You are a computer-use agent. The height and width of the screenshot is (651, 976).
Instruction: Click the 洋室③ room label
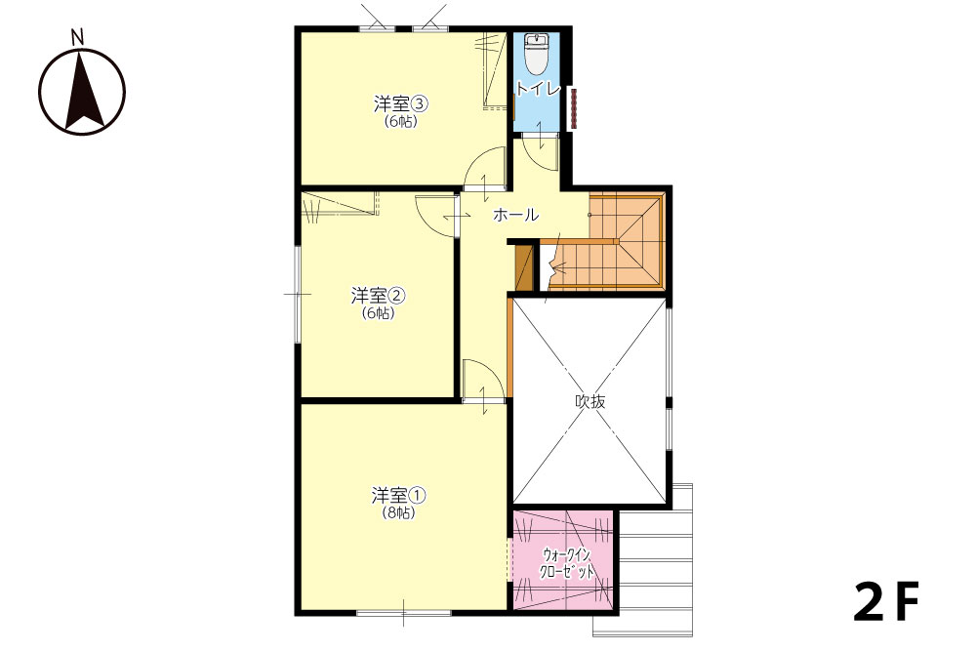(393, 103)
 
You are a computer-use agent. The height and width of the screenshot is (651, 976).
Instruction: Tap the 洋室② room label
(378, 295)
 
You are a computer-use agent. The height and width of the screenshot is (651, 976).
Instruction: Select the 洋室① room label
(398, 496)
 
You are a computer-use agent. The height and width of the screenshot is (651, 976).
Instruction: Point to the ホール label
(515, 215)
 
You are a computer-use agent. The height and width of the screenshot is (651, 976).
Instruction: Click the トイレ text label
(538, 89)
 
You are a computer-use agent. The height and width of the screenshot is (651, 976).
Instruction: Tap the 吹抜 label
(590, 401)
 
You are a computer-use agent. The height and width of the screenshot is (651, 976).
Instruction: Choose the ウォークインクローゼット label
(566, 563)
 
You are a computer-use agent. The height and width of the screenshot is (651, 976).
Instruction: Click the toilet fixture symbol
(535, 54)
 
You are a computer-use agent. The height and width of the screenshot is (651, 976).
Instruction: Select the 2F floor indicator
(886, 602)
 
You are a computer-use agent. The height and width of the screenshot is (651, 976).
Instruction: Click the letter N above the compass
(77, 38)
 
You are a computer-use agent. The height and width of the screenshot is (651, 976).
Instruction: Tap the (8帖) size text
(398, 513)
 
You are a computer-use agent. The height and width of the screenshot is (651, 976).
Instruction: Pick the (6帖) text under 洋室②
(379, 313)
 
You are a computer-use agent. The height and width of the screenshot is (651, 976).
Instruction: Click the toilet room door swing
(540, 150)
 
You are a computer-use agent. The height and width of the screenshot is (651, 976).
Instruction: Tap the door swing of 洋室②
(437, 216)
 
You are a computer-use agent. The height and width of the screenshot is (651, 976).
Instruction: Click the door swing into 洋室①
(484, 381)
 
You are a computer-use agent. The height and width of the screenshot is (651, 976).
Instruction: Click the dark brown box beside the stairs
(525, 267)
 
